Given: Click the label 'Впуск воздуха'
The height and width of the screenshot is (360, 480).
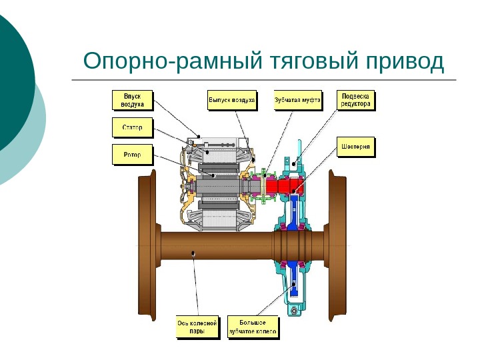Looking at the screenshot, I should (x=132, y=100).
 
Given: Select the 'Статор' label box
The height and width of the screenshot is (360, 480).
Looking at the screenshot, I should (x=132, y=127).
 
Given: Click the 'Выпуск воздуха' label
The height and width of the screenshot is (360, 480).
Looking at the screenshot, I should (x=231, y=100).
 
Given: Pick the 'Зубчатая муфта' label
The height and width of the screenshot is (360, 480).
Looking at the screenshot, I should (x=297, y=100).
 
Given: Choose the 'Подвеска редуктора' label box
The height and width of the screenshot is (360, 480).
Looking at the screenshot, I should (x=356, y=100).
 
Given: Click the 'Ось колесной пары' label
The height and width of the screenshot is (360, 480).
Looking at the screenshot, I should (x=197, y=327).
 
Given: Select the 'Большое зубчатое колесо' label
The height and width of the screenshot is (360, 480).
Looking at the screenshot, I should (x=253, y=327).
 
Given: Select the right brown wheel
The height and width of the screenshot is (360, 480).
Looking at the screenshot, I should (x=337, y=247).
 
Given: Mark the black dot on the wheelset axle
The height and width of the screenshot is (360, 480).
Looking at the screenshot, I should (x=193, y=253).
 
